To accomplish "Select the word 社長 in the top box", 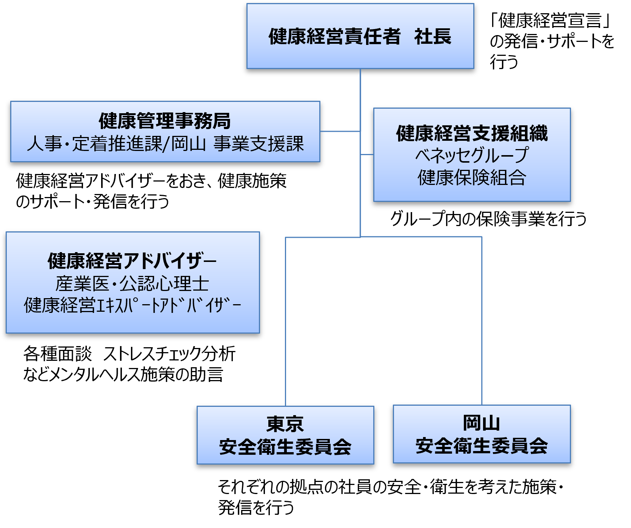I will click(x=432, y=37).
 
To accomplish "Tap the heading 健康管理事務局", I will click(x=165, y=121).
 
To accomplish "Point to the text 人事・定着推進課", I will click(x=94, y=144).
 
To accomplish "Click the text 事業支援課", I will click(x=259, y=144).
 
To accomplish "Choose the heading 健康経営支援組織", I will click(x=472, y=133).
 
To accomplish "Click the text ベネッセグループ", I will click(x=472, y=155).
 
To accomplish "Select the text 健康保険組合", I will click(x=472, y=177).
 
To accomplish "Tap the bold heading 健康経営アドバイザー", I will click(x=132, y=261).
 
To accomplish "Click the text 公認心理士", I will click(x=164, y=284).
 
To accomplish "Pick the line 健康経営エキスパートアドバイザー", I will click(x=132, y=305).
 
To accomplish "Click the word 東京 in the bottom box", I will click(x=285, y=424).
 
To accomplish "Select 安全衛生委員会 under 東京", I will click(x=285, y=447).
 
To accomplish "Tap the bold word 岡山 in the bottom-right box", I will click(x=482, y=423).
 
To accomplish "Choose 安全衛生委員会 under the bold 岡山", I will click(x=482, y=446).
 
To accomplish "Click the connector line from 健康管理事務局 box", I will click(x=340, y=131).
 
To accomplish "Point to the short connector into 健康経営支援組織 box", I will click(x=367, y=154).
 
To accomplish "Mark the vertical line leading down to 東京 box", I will click(x=286, y=321).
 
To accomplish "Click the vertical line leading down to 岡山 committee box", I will click(x=482, y=321).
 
